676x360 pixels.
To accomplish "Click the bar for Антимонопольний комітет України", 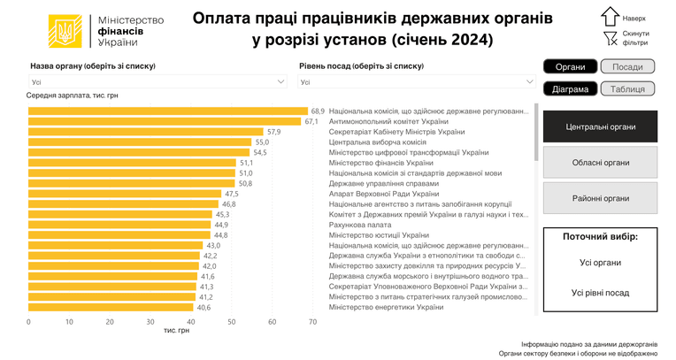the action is click(x=165, y=121).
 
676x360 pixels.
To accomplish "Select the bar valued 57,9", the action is click(x=146, y=132).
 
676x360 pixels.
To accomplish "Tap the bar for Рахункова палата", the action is click(x=119, y=225).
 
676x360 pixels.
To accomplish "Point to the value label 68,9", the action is click(x=318, y=111).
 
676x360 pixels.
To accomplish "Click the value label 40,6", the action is click(x=204, y=308).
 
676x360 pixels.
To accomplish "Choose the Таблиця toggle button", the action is click(x=627, y=88).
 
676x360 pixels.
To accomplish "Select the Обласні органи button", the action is click(x=600, y=163).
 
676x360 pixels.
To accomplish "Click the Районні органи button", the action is click(x=600, y=198).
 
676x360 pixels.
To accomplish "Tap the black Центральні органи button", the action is click(x=600, y=126).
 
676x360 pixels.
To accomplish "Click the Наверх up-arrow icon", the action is click(x=610, y=17).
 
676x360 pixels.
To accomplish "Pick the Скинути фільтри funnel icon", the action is click(x=610, y=38).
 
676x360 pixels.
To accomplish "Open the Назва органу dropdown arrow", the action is click(x=280, y=81).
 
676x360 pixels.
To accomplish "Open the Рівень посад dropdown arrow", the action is click(x=530, y=81).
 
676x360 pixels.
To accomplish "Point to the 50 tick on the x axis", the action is click(x=232, y=322).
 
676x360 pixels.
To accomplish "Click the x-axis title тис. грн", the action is click(x=176, y=330).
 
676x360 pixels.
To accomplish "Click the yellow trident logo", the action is click(x=65, y=31).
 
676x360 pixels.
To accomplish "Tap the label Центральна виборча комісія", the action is click(x=377, y=142).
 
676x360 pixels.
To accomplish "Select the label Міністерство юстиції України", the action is click(x=379, y=235).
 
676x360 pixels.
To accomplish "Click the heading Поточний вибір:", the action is click(x=600, y=237).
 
